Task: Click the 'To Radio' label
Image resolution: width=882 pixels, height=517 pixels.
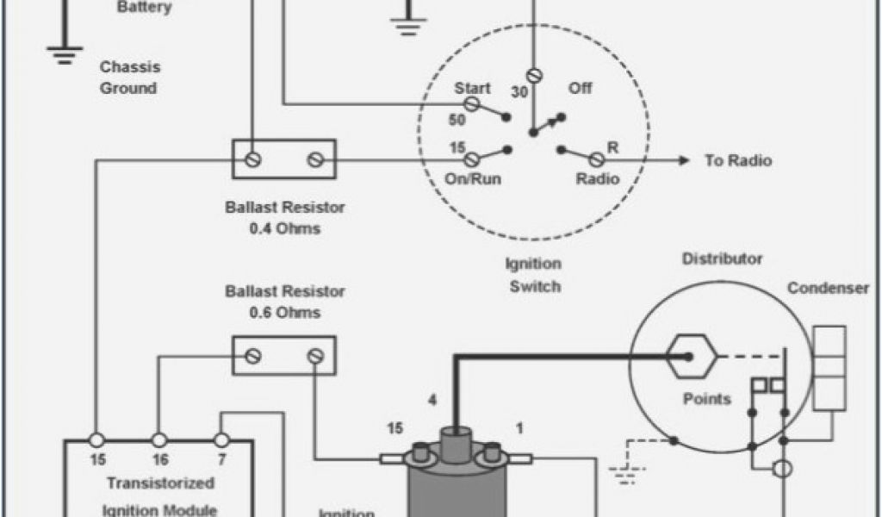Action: coord(738,161)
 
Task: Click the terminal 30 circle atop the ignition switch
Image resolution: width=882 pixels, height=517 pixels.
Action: coord(533,75)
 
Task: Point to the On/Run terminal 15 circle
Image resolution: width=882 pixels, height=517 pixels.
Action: coord(472,160)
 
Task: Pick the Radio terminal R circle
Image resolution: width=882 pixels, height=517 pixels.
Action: coord(595,160)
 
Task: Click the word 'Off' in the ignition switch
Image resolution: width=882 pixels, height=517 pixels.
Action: coord(581,89)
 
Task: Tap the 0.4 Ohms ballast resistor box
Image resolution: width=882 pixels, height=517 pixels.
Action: coord(284,159)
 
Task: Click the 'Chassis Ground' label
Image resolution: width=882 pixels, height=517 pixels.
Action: coord(128,78)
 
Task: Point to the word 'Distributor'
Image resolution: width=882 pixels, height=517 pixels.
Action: coord(722,258)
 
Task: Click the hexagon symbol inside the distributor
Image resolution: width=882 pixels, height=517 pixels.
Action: coord(688,356)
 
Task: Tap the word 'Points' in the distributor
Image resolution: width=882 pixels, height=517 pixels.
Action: coord(706,399)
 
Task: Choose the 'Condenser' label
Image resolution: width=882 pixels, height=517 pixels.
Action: coord(828,289)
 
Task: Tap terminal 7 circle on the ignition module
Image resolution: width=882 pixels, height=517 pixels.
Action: coord(221,439)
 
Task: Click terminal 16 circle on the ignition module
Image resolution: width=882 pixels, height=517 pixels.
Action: coord(158,439)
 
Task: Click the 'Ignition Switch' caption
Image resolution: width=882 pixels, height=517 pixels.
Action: coord(534,275)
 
